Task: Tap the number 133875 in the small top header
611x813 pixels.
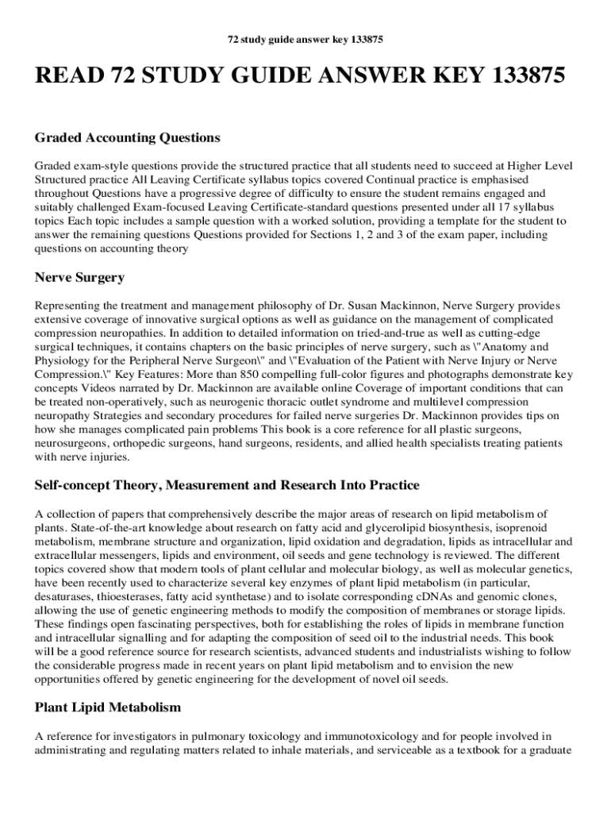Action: (x=363, y=39)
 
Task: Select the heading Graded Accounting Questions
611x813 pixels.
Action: (x=127, y=138)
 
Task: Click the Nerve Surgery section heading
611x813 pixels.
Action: (x=79, y=277)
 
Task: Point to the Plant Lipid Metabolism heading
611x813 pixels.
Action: (x=108, y=707)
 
